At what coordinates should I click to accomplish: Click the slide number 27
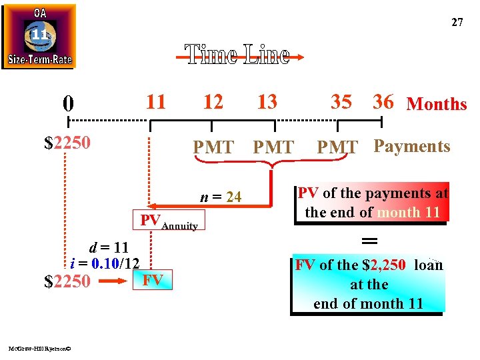click(x=457, y=23)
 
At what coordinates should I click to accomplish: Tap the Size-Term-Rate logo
click(x=39, y=37)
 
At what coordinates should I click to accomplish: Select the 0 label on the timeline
click(x=68, y=104)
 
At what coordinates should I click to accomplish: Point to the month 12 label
click(x=213, y=102)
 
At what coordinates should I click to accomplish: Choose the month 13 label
click(x=267, y=102)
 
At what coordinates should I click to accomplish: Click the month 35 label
click(x=341, y=102)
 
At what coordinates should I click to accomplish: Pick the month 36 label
click(x=383, y=102)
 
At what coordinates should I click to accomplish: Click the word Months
click(x=437, y=105)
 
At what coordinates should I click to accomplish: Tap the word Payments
click(x=412, y=147)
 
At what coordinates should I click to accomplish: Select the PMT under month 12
click(x=213, y=147)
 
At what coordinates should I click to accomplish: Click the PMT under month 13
click(x=273, y=147)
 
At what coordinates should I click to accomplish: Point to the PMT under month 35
click(x=337, y=147)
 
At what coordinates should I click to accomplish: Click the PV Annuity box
click(x=169, y=222)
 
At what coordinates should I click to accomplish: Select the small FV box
click(x=153, y=281)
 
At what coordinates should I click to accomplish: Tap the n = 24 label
click(x=221, y=197)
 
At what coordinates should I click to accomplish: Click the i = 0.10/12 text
click(x=105, y=263)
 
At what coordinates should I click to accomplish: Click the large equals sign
click(x=369, y=240)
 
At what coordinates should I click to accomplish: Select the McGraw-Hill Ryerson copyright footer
click(x=40, y=348)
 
